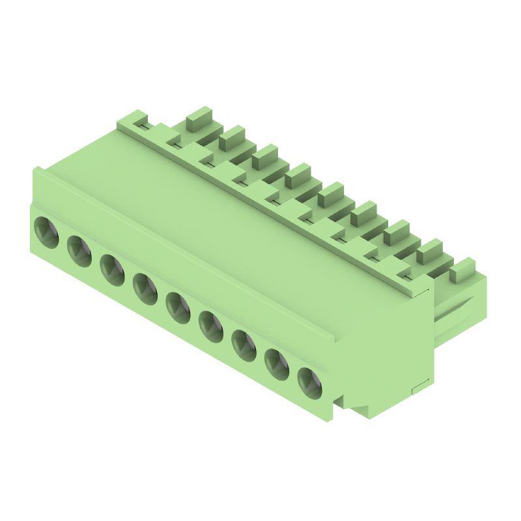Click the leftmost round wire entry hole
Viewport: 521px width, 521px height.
pyautogui.click(x=46, y=232)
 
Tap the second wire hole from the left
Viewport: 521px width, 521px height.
pyautogui.click(x=79, y=251)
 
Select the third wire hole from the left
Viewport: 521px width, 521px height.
pyautogui.click(x=112, y=269)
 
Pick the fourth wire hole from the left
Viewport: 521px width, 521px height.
pyautogui.click(x=145, y=288)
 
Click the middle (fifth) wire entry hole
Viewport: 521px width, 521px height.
pyautogui.click(x=178, y=307)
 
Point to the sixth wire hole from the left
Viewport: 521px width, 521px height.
pyautogui.click(x=211, y=325)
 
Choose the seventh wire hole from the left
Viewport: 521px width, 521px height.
pyautogui.click(x=244, y=344)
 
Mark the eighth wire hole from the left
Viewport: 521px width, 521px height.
pyautogui.click(x=277, y=363)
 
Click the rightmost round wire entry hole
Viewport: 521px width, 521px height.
pyautogui.click(x=310, y=382)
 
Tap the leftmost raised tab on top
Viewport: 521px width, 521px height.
pyautogui.click(x=199, y=118)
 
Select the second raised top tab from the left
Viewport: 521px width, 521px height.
pyautogui.click(x=232, y=137)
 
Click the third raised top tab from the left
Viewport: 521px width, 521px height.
pyautogui.click(x=265, y=156)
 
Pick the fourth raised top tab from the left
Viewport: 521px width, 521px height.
pyautogui.click(x=298, y=174)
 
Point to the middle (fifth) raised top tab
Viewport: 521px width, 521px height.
pyautogui.click(x=331, y=193)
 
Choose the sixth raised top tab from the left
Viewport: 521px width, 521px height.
pyautogui.click(x=363, y=212)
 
